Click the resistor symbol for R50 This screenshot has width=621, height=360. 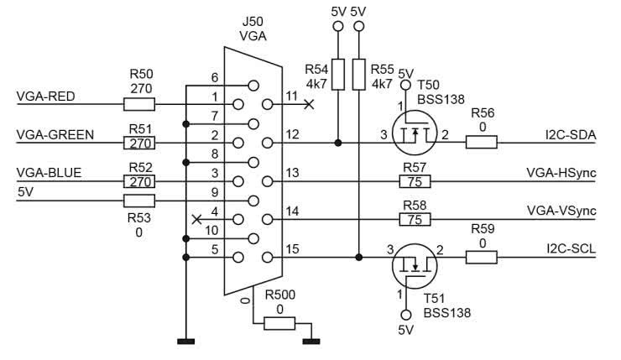click(138, 105)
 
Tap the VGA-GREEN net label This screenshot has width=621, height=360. click(55, 134)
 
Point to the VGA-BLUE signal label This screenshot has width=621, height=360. click(50, 173)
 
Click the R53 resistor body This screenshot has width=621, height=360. click(138, 201)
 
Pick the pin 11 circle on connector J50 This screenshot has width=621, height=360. click(268, 105)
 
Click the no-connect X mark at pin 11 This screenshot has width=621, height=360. click(309, 105)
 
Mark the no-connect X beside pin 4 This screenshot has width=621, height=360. click(196, 220)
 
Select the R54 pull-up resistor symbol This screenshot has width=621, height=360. click(338, 75)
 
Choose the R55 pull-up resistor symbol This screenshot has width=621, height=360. click(359, 75)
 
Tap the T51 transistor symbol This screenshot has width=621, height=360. click(414, 265)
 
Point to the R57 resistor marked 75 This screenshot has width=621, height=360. click(415, 181)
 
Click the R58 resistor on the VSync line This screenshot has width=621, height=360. click(415, 220)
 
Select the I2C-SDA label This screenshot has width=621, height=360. click(570, 134)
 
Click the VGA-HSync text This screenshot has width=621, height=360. click(561, 173)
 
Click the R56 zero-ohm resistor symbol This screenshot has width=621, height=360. click(482, 143)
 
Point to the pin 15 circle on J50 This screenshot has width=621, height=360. click(268, 258)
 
